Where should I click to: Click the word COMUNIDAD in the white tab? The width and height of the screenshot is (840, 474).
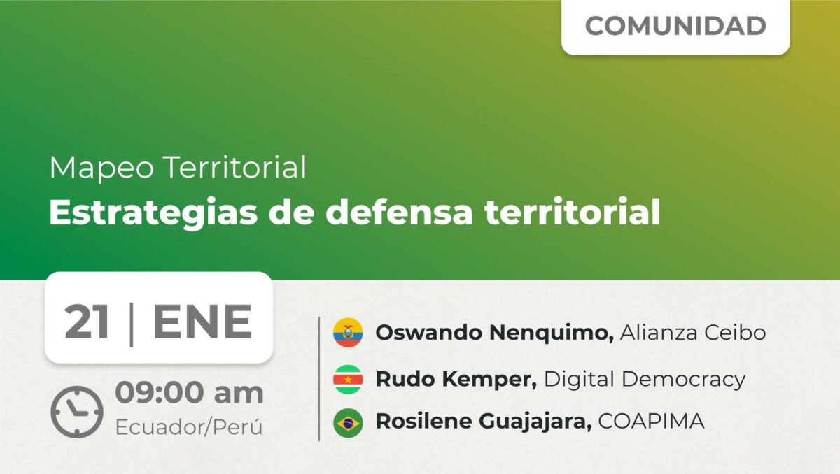click(675, 26)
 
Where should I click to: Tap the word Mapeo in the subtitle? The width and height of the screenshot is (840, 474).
click(101, 168)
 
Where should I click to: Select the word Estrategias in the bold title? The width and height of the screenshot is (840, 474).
click(153, 213)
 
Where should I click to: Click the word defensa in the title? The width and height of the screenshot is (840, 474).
click(399, 212)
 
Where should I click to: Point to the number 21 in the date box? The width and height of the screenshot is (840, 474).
click(87, 322)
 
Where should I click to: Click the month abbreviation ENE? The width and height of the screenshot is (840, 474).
click(202, 322)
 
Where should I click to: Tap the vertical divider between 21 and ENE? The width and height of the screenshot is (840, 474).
click(132, 324)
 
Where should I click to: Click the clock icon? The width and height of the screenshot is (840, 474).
click(77, 412)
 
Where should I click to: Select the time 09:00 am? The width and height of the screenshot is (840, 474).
click(190, 393)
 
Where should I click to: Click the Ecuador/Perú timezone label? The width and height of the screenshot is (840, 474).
click(189, 427)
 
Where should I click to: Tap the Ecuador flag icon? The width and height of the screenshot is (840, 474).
click(348, 333)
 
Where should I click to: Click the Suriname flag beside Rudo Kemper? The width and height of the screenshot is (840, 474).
click(348, 380)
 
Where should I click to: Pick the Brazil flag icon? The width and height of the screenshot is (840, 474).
click(348, 423)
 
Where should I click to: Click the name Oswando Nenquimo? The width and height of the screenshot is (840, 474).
click(495, 333)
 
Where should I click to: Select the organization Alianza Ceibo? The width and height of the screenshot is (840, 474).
click(693, 333)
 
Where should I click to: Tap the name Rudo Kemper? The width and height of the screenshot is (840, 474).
click(456, 380)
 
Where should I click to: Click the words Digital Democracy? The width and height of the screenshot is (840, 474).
click(645, 380)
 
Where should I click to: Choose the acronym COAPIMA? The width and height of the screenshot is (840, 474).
click(651, 421)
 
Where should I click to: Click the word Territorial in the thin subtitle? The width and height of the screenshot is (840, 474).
click(235, 167)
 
